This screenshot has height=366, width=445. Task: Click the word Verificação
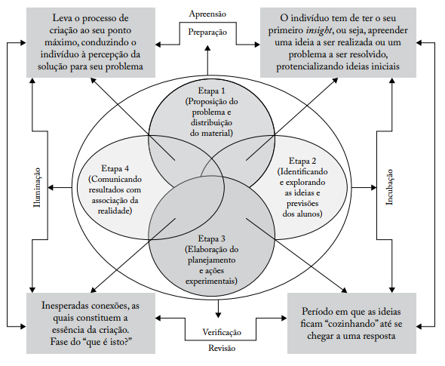coord(222,333)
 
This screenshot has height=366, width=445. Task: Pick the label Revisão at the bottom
coord(222,349)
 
